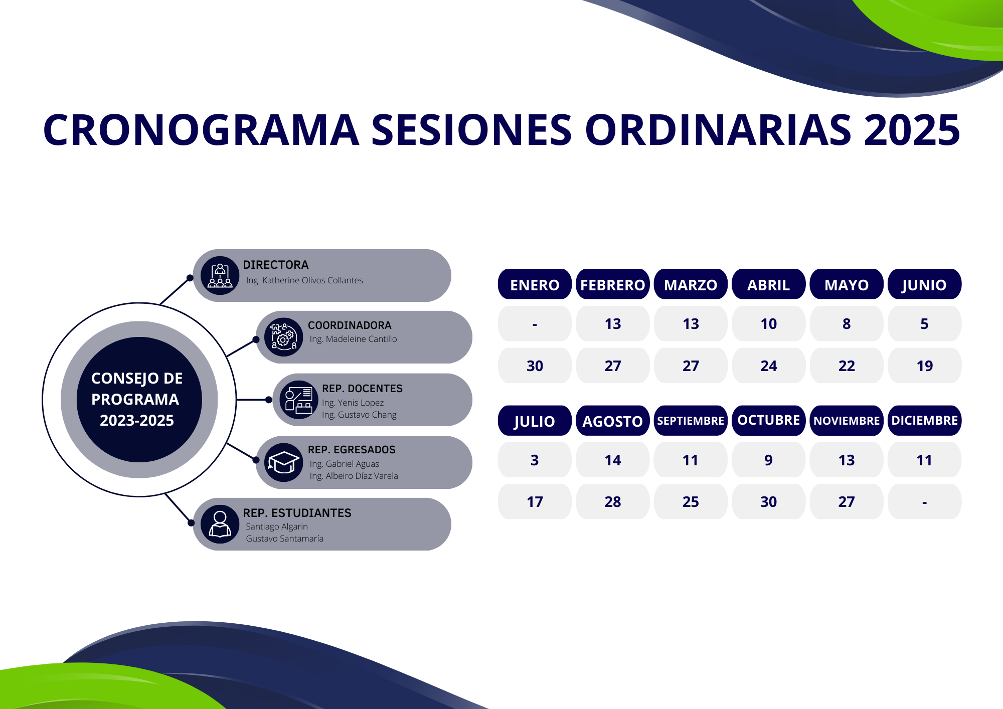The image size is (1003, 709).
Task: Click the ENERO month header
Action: (x=535, y=284)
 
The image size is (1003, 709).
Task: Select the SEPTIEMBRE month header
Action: (x=691, y=421)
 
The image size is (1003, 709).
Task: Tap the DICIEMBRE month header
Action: (x=924, y=421)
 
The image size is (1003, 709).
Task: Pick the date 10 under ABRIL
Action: (x=768, y=324)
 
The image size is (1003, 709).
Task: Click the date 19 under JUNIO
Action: (x=924, y=366)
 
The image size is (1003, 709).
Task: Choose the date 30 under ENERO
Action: (x=535, y=366)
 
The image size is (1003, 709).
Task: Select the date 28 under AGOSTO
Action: (x=612, y=502)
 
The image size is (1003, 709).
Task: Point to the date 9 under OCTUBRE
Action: (x=768, y=460)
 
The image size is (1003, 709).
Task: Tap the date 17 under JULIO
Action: (x=535, y=502)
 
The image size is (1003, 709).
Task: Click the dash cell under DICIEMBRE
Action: (x=924, y=502)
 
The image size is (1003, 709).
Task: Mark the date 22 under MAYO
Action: (x=847, y=366)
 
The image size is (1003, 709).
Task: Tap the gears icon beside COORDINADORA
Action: (x=283, y=337)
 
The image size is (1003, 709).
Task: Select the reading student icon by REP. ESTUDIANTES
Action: (x=220, y=524)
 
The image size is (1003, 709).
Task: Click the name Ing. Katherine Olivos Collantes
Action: (x=304, y=280)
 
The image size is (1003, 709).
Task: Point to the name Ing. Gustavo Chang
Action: (x=359, y=415)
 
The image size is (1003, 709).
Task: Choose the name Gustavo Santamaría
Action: (x=284, y=539)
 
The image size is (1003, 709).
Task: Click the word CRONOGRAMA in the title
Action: (x=201, y=129)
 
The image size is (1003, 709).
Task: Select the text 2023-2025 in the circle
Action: (x=137, y=420)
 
